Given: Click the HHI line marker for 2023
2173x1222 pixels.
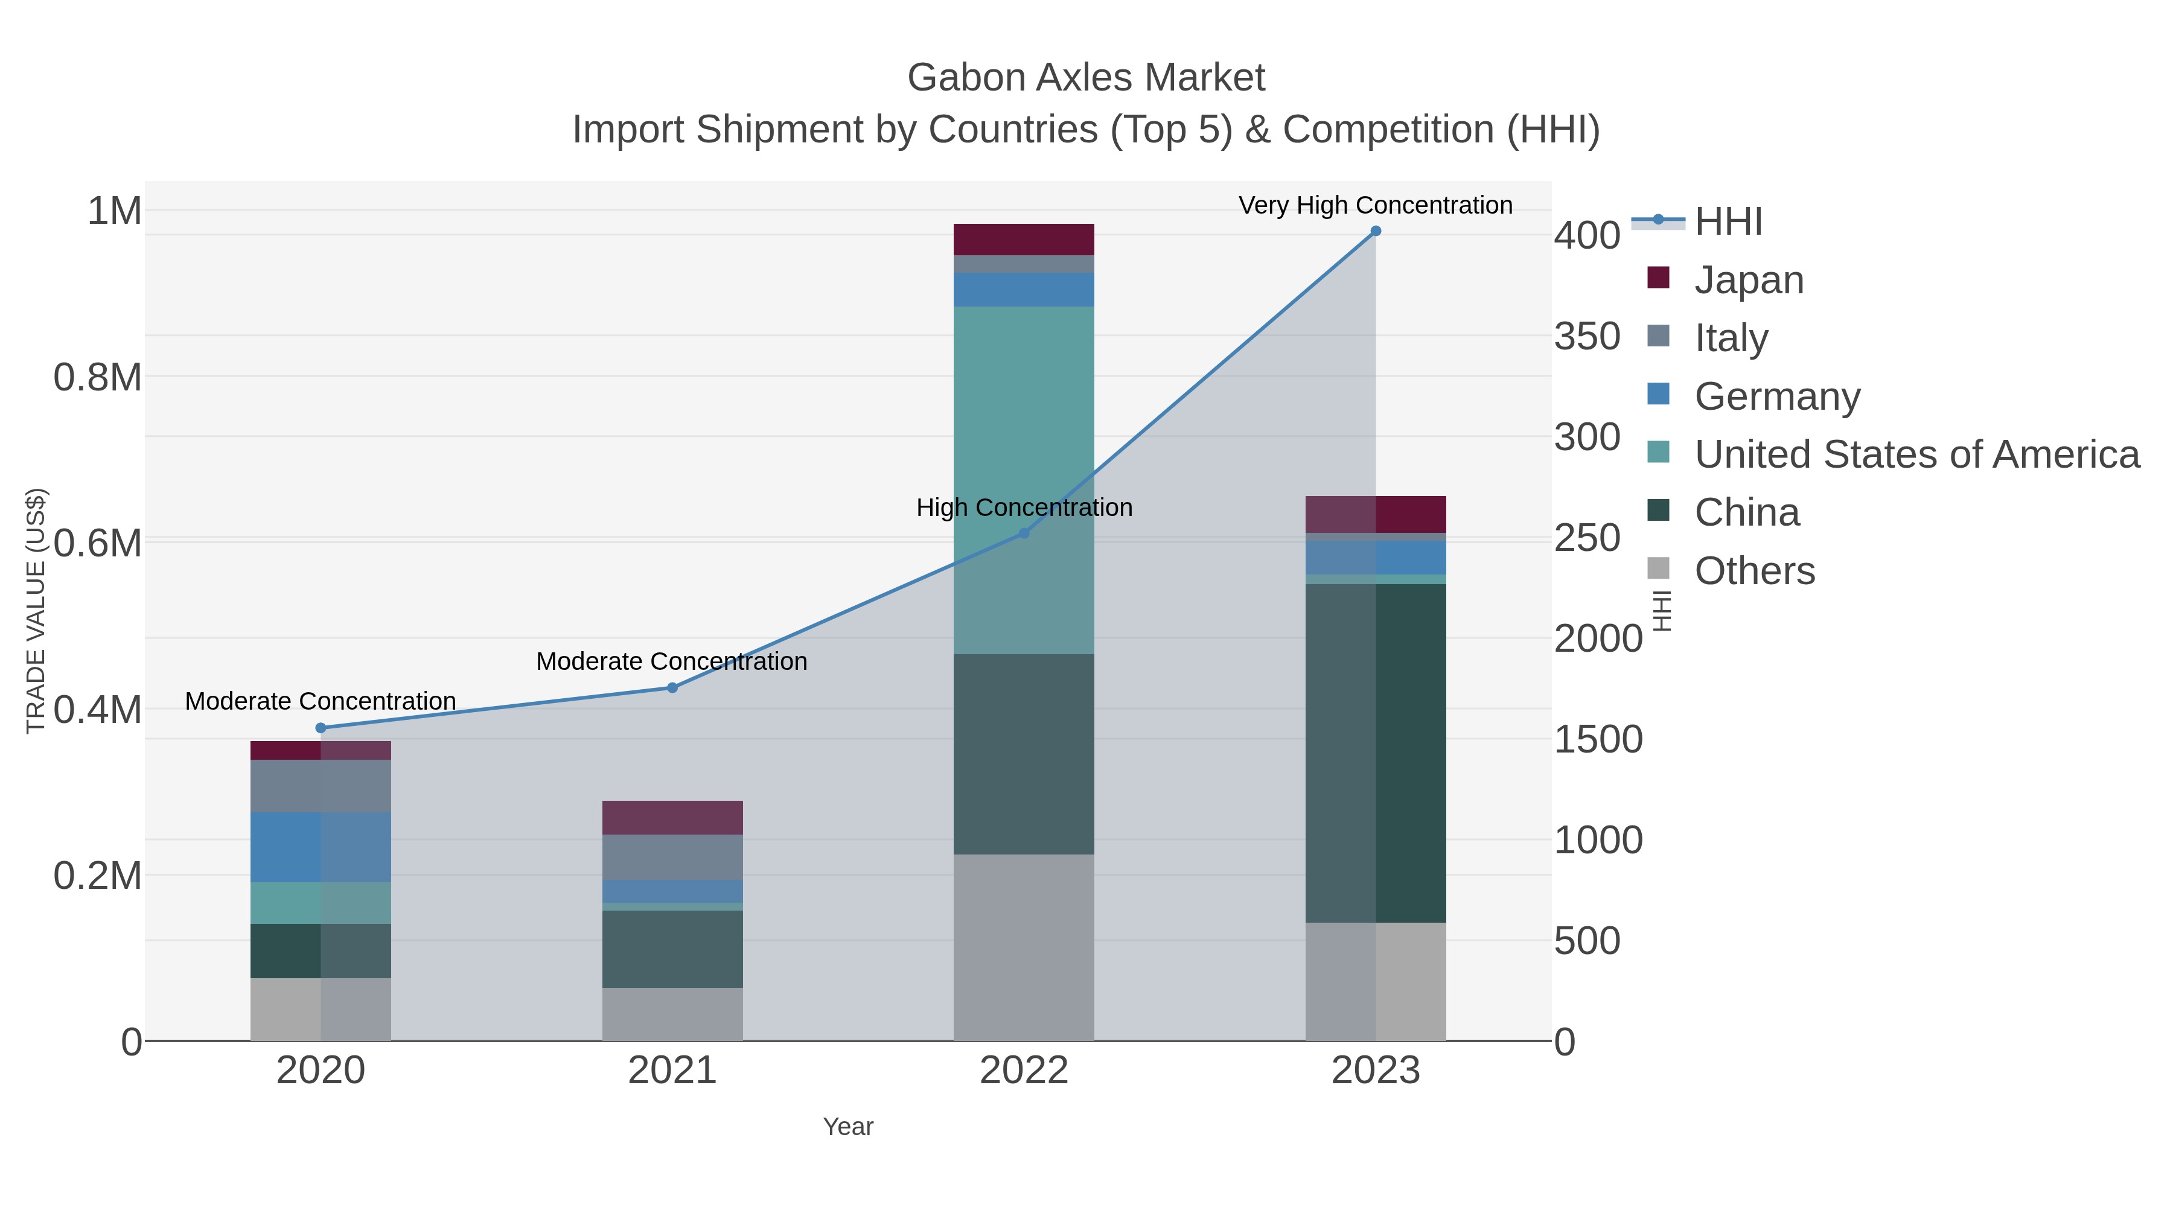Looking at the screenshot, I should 1375,231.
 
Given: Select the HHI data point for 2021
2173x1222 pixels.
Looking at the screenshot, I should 672,687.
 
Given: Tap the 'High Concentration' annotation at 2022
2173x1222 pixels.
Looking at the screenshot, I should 1024,508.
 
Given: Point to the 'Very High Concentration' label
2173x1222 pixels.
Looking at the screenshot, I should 1375,205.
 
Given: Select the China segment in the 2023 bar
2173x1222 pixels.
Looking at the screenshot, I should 1375,753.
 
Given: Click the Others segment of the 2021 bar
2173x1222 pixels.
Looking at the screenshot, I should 672,1014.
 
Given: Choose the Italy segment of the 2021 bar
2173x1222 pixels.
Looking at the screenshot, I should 672,857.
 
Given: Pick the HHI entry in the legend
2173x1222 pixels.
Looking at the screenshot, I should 1728,222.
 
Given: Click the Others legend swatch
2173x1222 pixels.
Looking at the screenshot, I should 1659,569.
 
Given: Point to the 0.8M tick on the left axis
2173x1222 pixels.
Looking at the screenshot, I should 97,377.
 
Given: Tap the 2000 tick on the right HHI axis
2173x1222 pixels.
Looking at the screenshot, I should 1598,638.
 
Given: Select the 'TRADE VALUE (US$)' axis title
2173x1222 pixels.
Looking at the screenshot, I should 36,611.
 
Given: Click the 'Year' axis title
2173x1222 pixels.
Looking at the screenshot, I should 848,1127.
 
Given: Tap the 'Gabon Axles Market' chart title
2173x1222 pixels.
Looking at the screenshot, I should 1086,78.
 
